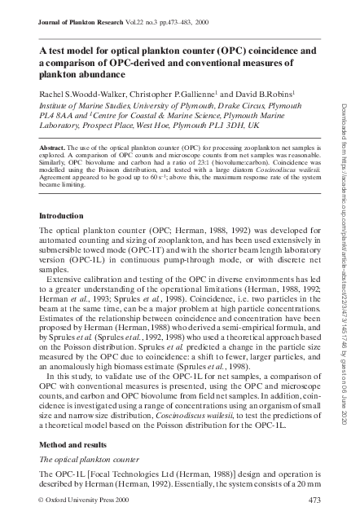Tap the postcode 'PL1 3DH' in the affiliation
click(x=230, y=127)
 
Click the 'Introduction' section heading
click(x=67, y=216)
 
